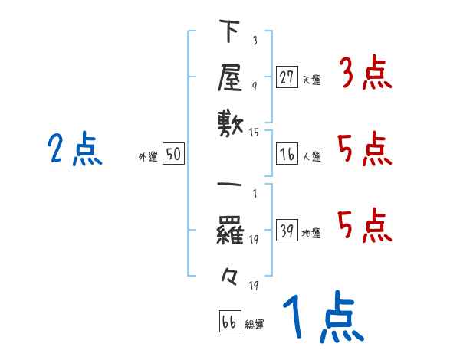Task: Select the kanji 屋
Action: click(x=229, y=77)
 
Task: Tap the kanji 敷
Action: click(x=229, y=122)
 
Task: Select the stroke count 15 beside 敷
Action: click(x=255, y=133)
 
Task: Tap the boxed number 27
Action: click(x=287, y=77)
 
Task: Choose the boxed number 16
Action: click(x=287, y=154)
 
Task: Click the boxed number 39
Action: click(x=287, y=231)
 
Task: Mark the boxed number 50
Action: click(x=173, y=154)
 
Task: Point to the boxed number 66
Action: click(x=229, y=321)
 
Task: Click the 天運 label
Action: click(x=311, y=80)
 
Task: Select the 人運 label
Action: click(x=311, y=157)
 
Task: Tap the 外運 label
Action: click(x=148, y=157)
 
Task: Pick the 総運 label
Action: click(x=255, y=324)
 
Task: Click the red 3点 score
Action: click(x=365, y=75)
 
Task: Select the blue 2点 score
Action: click(x=75, y=149)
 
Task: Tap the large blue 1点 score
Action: click(x=321, y=318)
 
